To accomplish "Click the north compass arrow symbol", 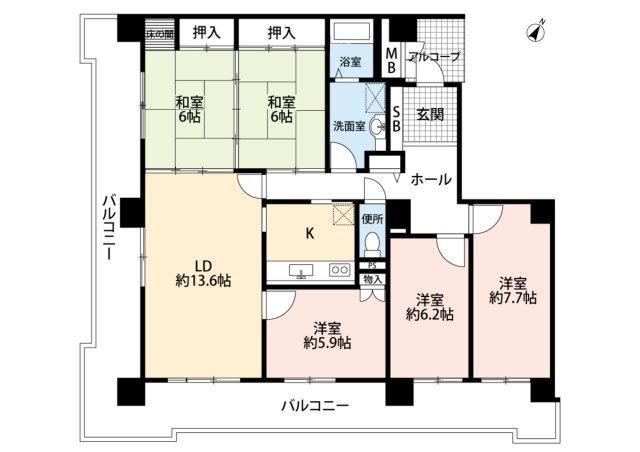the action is tap(536, 31).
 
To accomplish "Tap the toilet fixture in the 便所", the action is tap(371, 244).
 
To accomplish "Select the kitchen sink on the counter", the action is tap(301, 271).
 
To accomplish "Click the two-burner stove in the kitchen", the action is tap(340, 270).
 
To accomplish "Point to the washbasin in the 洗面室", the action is tap(377, 127).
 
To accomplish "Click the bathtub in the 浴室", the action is tap(351, 31).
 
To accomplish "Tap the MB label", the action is tap(391, 60).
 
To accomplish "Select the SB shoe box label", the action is tap(396, 118).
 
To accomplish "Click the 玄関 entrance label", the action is tap(430, 115).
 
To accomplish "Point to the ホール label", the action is tap(431, 179).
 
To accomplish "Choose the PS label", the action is tap(371, 265).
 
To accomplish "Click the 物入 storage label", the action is tap(372, 280).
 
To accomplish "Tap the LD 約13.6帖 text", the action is tap(203, 274).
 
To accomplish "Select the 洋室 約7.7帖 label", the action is tap(513, 290).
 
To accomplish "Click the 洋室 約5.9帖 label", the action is tap(327, 335).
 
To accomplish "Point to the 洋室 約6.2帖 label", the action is tap(430, 307).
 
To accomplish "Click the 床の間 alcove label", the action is tap(159, 33).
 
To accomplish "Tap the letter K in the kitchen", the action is tap(310, 234).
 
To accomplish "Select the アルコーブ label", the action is tap(433, 56).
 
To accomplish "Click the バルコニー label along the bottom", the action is tap(315, 406).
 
